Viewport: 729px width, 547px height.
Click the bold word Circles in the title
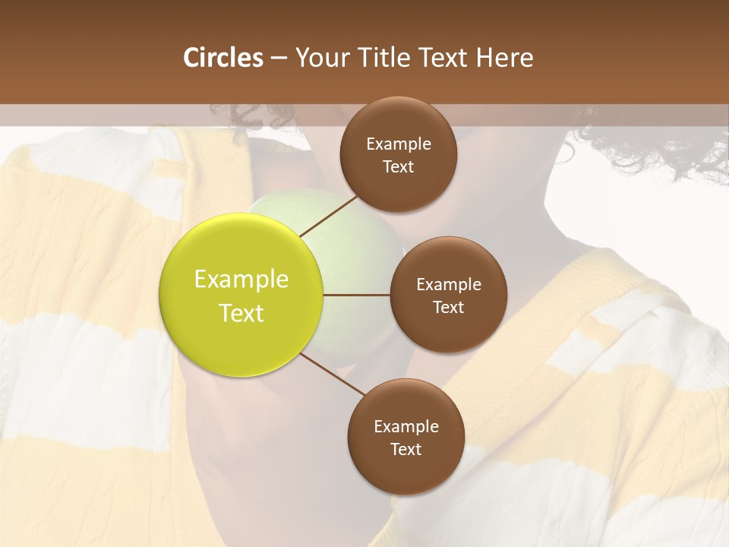[223, 58]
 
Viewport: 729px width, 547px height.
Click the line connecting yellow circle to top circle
[330, 216]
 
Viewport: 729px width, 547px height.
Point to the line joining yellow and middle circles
[357, 295]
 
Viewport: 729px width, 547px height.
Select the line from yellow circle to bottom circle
[332, 375]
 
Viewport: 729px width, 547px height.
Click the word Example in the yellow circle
[241, 280]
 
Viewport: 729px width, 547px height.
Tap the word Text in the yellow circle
[241, 313]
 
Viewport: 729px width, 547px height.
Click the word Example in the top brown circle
[399, 144]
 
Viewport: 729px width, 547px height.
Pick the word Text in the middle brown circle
[448, 308]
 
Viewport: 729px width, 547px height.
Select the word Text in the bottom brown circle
[406, 450]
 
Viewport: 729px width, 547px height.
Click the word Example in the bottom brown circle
[406, 427]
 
